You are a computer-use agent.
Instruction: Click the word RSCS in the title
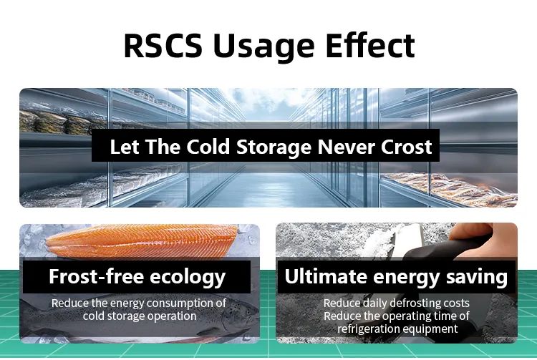pyautogui.click(x=163, y=45)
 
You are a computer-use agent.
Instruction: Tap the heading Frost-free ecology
pyautogui.click(x=137, y=276)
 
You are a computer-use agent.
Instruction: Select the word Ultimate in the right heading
pyautogui.click(x=321, y=276)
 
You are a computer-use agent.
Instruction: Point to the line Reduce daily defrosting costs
pyautogui.click(x=396, y=303)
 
